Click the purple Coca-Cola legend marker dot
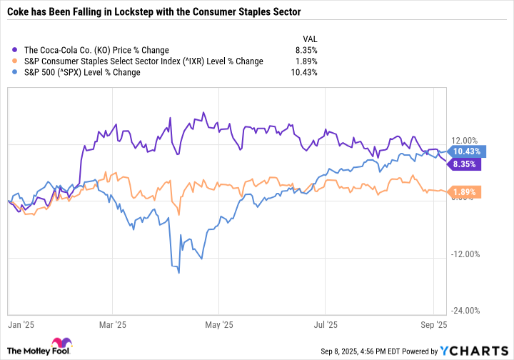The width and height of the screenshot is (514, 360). [x=16, y=50]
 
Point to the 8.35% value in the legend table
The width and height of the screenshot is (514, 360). [x=305, y=50]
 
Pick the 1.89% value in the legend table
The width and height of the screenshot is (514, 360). [x=305, y=61]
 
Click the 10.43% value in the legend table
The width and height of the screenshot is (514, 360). [x=303, y=72]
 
